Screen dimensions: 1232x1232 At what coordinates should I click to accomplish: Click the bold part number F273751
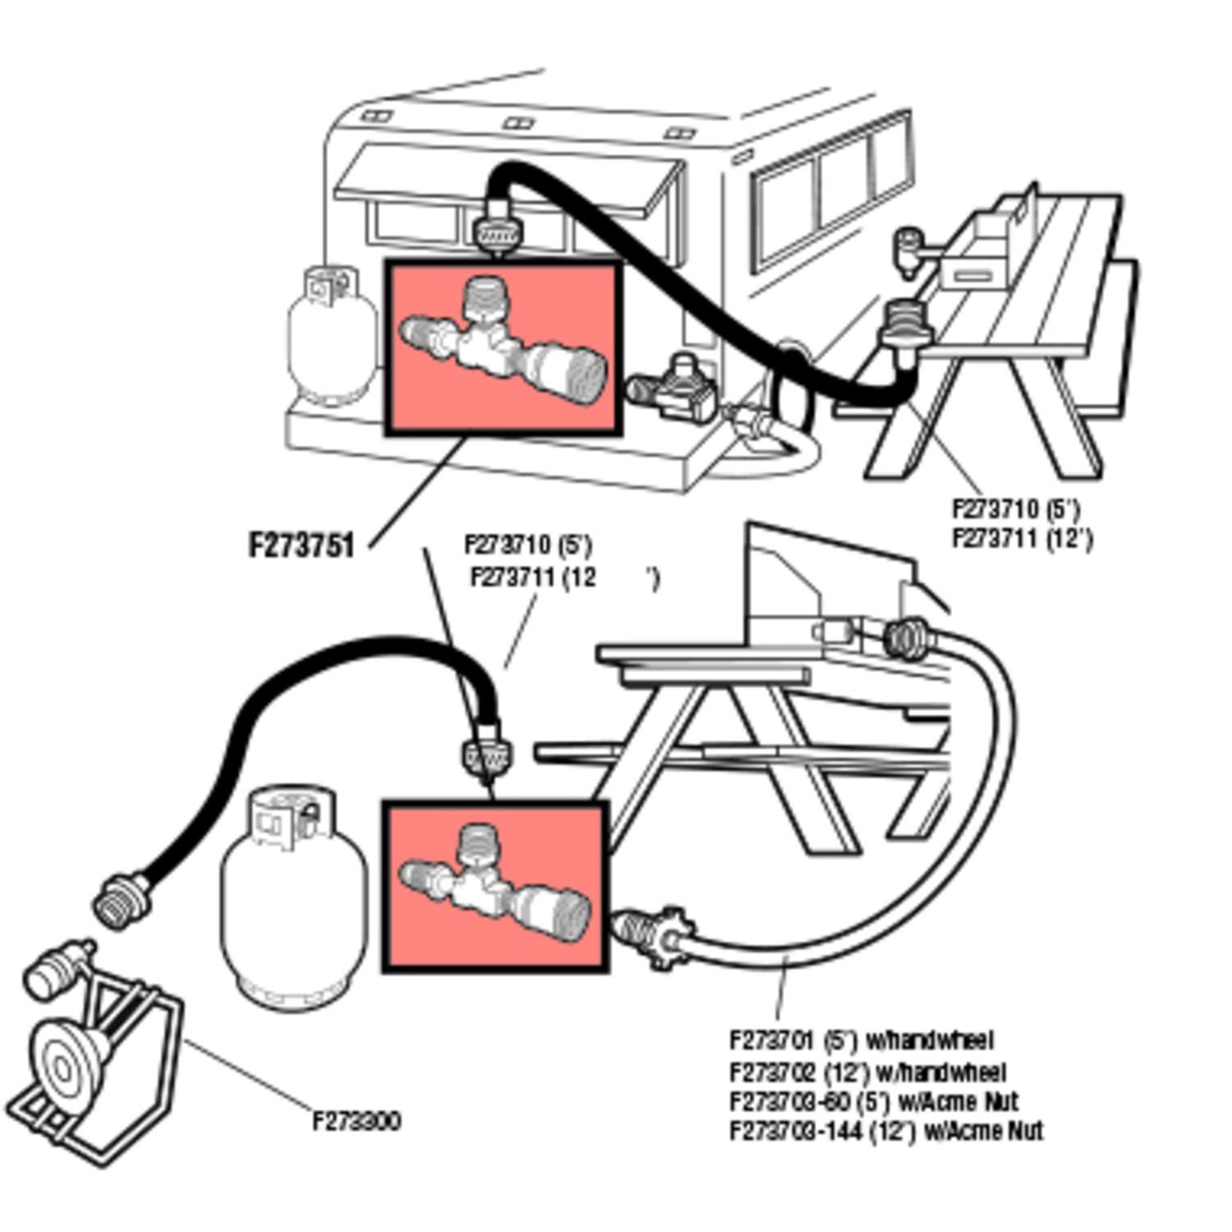tap(301, 545)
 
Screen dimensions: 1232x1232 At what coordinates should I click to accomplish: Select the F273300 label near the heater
tap(356, 1121)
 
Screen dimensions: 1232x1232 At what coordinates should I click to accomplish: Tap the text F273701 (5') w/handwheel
tap(861, 1041)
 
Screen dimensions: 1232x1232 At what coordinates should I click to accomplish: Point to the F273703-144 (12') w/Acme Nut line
tap(885, 1132)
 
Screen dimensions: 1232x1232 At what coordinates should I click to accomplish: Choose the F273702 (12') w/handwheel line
tap(867, 1073)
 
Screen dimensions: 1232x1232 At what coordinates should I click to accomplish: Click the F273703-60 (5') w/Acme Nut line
tap(873, 1101)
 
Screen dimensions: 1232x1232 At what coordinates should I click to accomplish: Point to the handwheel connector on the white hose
tap(650, 936)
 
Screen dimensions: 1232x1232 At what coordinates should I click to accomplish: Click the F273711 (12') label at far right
tap(1022, 540)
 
